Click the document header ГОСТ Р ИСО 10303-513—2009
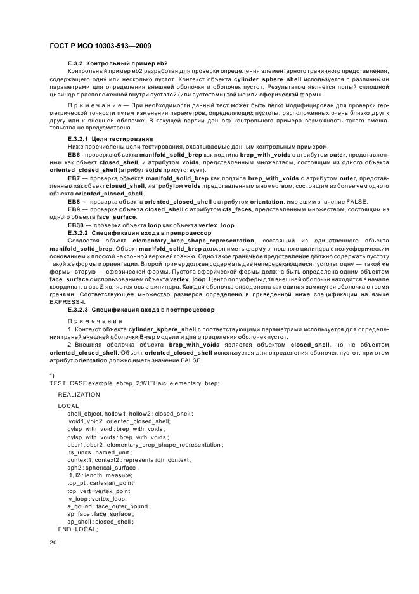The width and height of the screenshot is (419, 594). click(x=100, y=47)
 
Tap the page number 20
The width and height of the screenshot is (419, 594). click(x=53, y=543)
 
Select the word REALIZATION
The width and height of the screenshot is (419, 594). click(x=79, y=395)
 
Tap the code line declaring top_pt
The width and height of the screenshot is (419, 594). click(x=101, y=483)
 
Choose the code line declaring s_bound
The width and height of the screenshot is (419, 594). click(x=108, y=506)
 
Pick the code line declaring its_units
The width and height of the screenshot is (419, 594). click(x=98, y=452)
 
